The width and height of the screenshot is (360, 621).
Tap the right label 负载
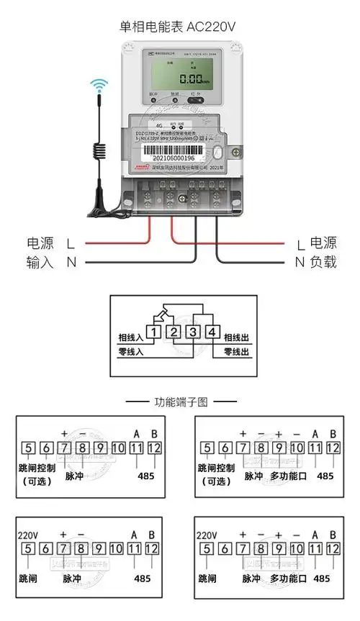[x=323, y=263]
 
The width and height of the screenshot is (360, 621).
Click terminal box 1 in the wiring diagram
[x=154, y=332]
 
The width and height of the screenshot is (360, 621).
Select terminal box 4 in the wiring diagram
[x=212, y=332]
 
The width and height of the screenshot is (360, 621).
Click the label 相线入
[x=131, y=337]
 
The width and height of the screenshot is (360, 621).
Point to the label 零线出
[x=236, y=352]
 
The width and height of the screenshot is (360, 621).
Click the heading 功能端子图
[x=180, y=402]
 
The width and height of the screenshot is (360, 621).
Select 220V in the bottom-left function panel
[x=27, y=535]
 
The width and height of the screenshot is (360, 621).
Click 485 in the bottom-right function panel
[x=323, y=578]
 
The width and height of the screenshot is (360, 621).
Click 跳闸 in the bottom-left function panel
[x=29, y=578]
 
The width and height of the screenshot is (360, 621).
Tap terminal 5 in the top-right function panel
[x=207, y=448]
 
